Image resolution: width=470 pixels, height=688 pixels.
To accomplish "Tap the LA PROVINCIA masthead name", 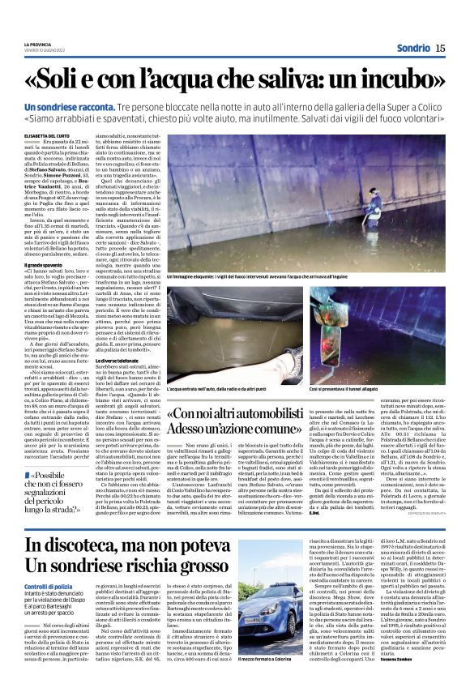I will pyautogui.click(x=37, y=44).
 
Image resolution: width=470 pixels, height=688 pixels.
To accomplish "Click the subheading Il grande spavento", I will pyautogui.click(x=47, y=264).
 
